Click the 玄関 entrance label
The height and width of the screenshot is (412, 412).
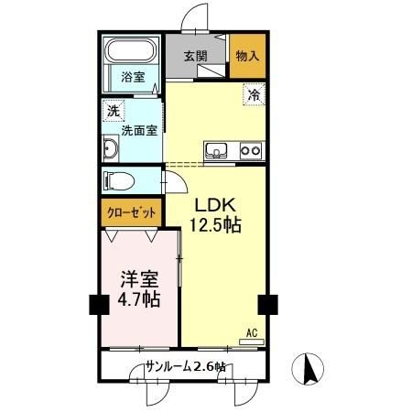(195, 56)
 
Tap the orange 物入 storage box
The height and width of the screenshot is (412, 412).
(247, 56)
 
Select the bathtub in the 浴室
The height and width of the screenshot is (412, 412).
(132, 54)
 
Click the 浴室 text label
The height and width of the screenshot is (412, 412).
(133, 77)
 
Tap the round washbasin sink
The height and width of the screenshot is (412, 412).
(111, 149)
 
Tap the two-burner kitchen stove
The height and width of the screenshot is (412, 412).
(250, 150)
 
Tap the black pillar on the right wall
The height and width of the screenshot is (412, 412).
(267, 304)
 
